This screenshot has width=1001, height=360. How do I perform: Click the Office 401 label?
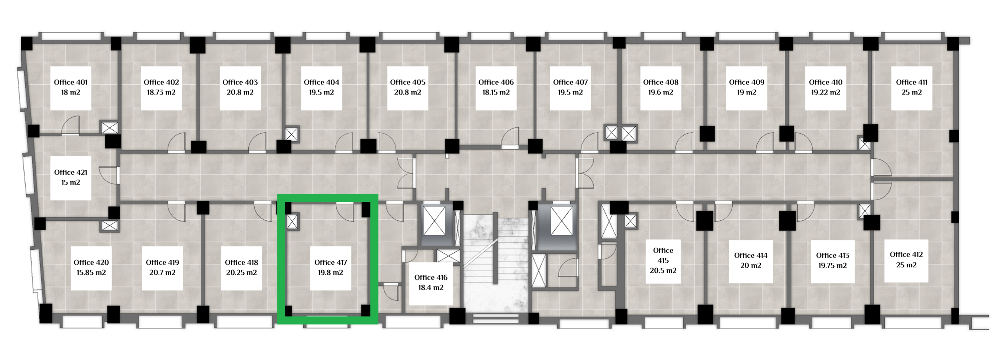coord(71,82)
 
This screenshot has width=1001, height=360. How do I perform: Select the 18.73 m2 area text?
coord(161,92)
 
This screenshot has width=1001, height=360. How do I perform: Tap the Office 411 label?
coord(911,82)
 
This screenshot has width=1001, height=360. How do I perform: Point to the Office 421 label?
coord(71,172)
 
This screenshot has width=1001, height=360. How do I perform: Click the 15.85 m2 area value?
coord(91,272)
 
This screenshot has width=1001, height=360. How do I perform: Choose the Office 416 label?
coord(431,277)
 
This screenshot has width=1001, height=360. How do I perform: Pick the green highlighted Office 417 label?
coord(331,262)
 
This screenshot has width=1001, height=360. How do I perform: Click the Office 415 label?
coord(663,255)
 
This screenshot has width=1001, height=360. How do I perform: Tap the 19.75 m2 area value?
coord(833,265)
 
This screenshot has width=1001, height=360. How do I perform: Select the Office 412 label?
coord(906,254)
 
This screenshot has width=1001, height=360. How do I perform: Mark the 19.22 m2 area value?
coord(826,92)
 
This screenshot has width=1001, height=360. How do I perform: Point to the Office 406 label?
coord(496,82)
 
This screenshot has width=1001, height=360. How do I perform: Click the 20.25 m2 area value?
coord(241,272)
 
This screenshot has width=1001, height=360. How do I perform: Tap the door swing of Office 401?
coord(71,125)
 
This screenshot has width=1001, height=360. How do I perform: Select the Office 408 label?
coord(661,82)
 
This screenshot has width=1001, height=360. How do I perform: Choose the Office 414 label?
coord(751,255)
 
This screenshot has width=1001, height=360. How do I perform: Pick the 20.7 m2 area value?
coord(162,272)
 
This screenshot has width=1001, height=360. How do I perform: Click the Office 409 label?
coord(747,82)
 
